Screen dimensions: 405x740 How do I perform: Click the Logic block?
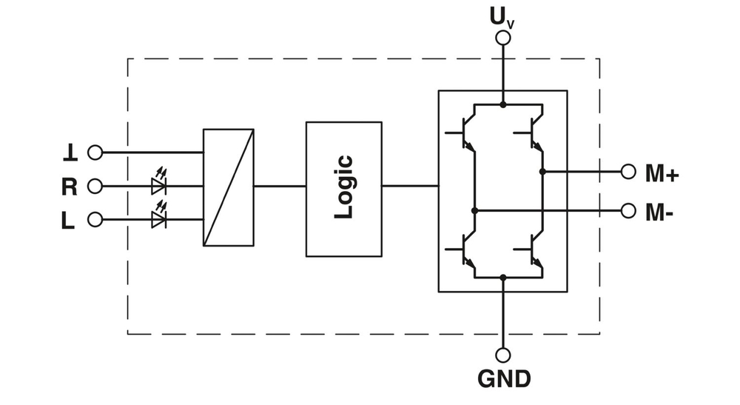tap(344, 189)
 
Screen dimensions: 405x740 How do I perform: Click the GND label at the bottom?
tap(503, 379)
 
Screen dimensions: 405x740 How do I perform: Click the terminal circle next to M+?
tap(628, 172)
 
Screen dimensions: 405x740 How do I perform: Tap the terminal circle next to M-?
tap(628, 210)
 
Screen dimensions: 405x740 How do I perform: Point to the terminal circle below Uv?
tap(503, 38)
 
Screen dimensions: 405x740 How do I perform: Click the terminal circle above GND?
tap(503, 355)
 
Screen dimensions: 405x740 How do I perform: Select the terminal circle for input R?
tap(95, 186)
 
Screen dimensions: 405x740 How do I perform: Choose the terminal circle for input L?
tap(95, 220)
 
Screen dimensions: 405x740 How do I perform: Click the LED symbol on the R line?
tap(158, 185)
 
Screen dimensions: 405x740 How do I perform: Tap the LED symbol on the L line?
tap(158, 218)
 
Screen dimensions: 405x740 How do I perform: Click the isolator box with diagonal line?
tap(229, 187)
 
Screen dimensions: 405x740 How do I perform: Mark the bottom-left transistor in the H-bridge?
tap(465, 250)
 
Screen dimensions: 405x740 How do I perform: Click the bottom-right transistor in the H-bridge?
tap(534, 250)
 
